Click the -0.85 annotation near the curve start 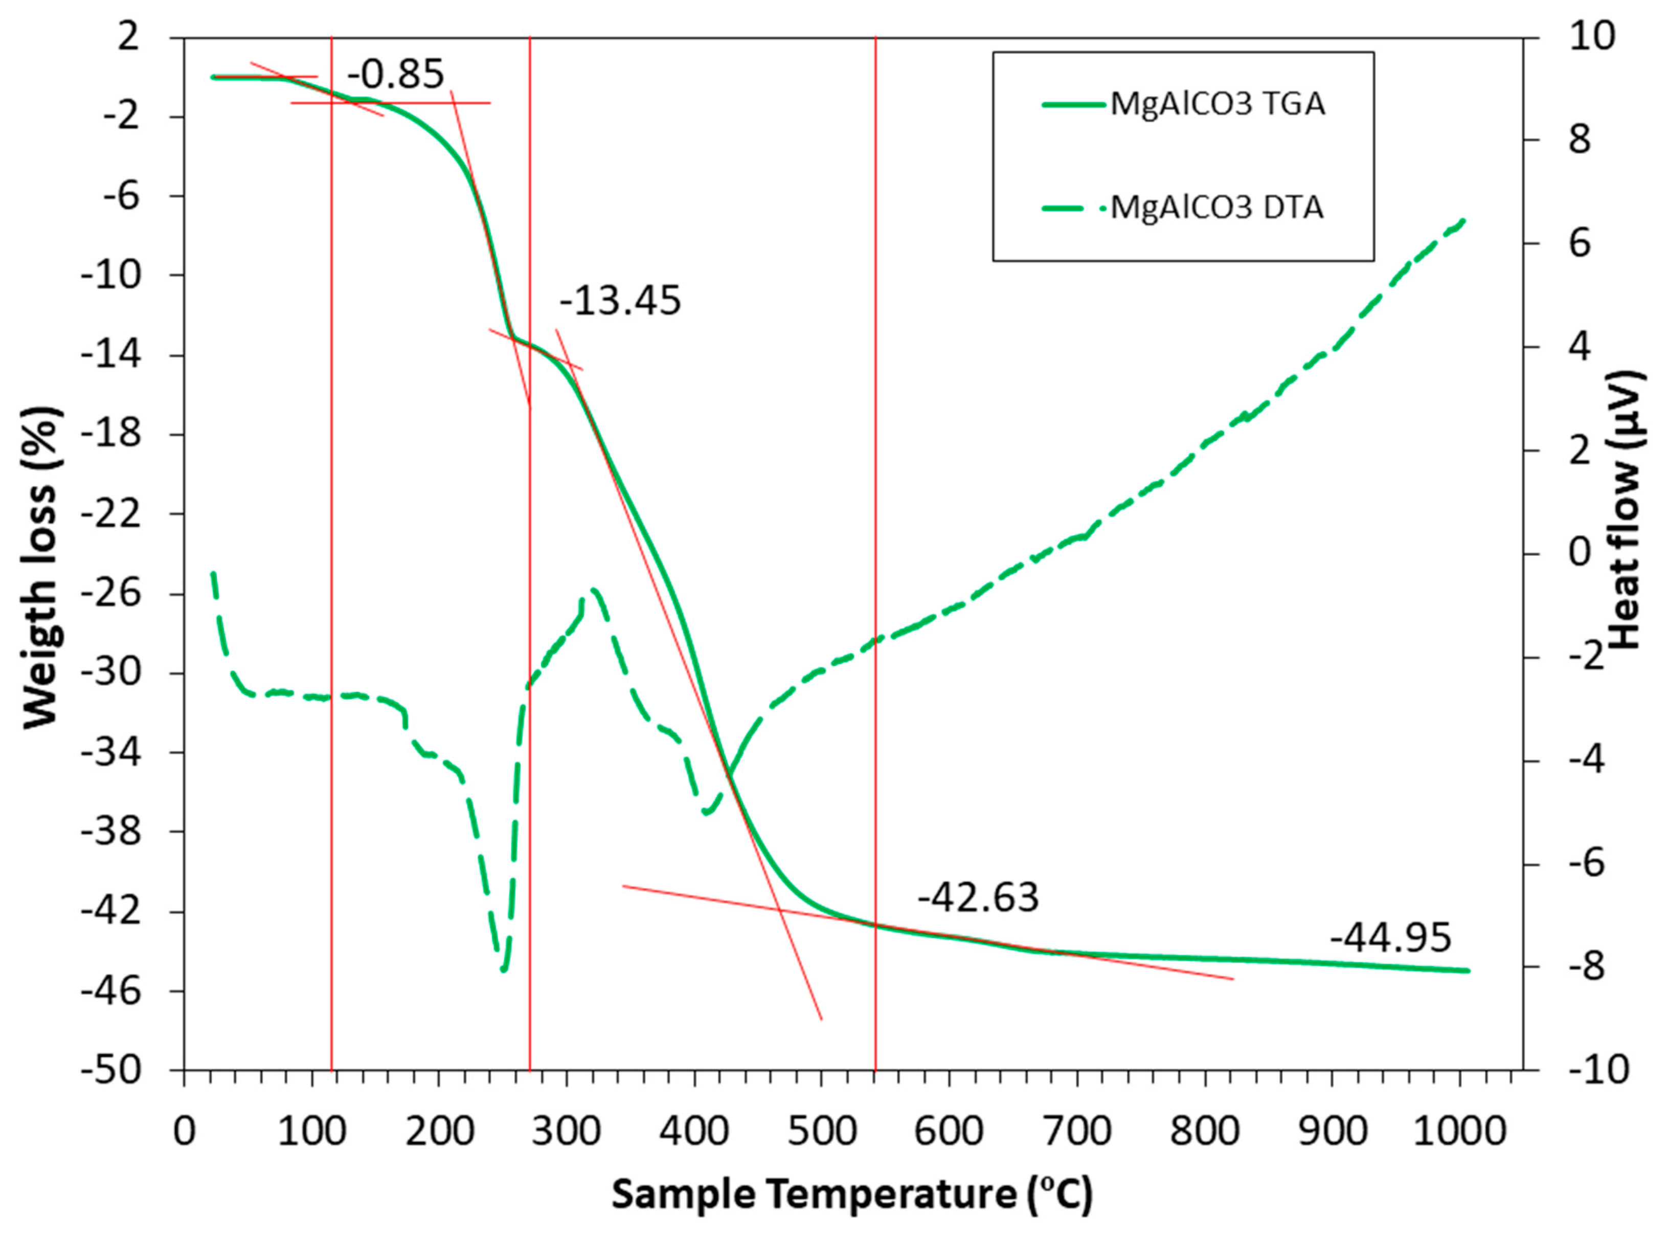[x=396, y=75]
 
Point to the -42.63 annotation [x=978, y=897]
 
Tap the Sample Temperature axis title [x=851, y=1194]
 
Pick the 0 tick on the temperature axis [x=184, y=1132]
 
